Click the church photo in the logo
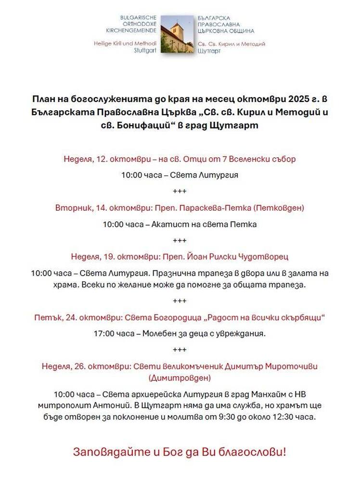pyautogui.click(x=177, y=34)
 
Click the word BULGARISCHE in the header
pyautogui.click(x=139, y=17)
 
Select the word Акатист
pyautogui.click(x=173, y=224)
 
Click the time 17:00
pyautogui.click(x=105, y=333)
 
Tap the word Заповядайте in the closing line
pyautogui.click(x=108, y=453)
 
